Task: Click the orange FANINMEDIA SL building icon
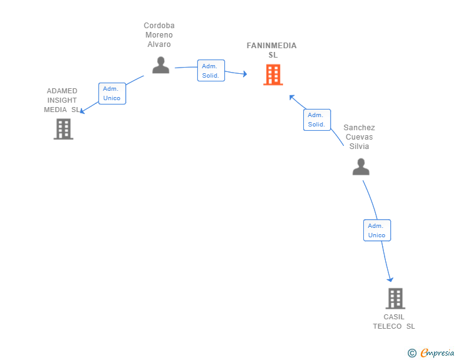tap(273, 75)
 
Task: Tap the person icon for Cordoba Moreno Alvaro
tap(160, 65)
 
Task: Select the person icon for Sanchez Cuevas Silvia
tap(361, 167)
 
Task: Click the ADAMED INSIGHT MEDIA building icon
tap(63, 129)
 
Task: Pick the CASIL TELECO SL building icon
tap(395, 299)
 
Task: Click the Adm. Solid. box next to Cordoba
tap(211, 70)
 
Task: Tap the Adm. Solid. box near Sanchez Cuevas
tap(317, 120)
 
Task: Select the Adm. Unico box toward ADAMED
tap(112, 93)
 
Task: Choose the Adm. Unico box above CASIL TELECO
tap(377, 230)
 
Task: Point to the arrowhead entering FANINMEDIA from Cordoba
tap(245, 74)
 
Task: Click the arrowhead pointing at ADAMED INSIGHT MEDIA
tap(81, 111)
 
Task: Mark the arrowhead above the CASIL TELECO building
tap(390, 280)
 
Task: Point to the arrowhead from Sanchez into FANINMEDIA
tap(292, 97)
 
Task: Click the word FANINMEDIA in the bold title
tap(272, 46)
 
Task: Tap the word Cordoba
tap(159, 26)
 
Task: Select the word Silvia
tap(359, 147)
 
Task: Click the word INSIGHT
tap(62, 100)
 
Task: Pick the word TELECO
tap(387, 326)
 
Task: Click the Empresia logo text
tap(437, 352)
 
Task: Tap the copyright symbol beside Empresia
tap(412, 353)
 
